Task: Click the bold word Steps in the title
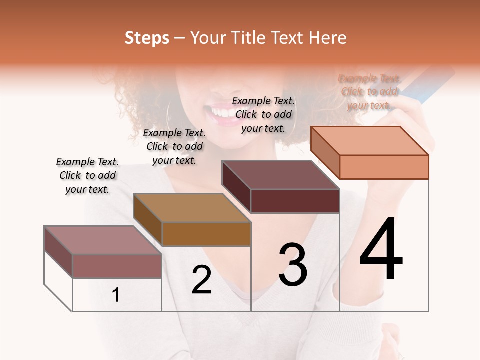coord(147,38)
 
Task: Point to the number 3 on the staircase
coord(293,265)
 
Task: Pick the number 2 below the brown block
coord(201,280)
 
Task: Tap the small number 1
coord(116,295)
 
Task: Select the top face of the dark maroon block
coord(280,175)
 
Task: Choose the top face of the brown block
coord(192,207)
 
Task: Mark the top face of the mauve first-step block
coord(103,240)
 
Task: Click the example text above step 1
coord(87,175)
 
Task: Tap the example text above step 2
coord(174,146)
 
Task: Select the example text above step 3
coord(263,114)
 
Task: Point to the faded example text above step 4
coord(369,92)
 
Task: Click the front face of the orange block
coord(384,167)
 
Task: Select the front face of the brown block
coord(206,234)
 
